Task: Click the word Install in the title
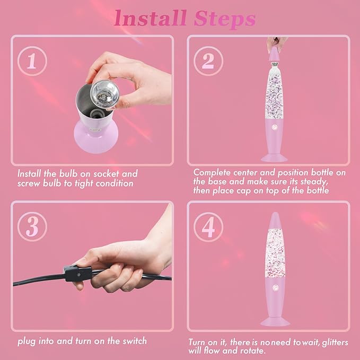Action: point(150,18)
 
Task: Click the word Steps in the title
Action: point(225,19)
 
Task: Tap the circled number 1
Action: point(32,61)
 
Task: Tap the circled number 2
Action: point(208,61)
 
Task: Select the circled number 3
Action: point(32,226)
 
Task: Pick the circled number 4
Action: point(208,227)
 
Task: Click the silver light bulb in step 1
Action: point(104,94)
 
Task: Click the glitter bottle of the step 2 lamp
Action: point(274,91)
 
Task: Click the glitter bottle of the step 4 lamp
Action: point(275,253)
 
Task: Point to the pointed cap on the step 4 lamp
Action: point(275,221)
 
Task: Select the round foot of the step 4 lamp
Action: point(275,321)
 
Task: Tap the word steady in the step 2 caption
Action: point(314,182)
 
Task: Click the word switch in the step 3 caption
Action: point(134,341)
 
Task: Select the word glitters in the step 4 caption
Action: point(335,343)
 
